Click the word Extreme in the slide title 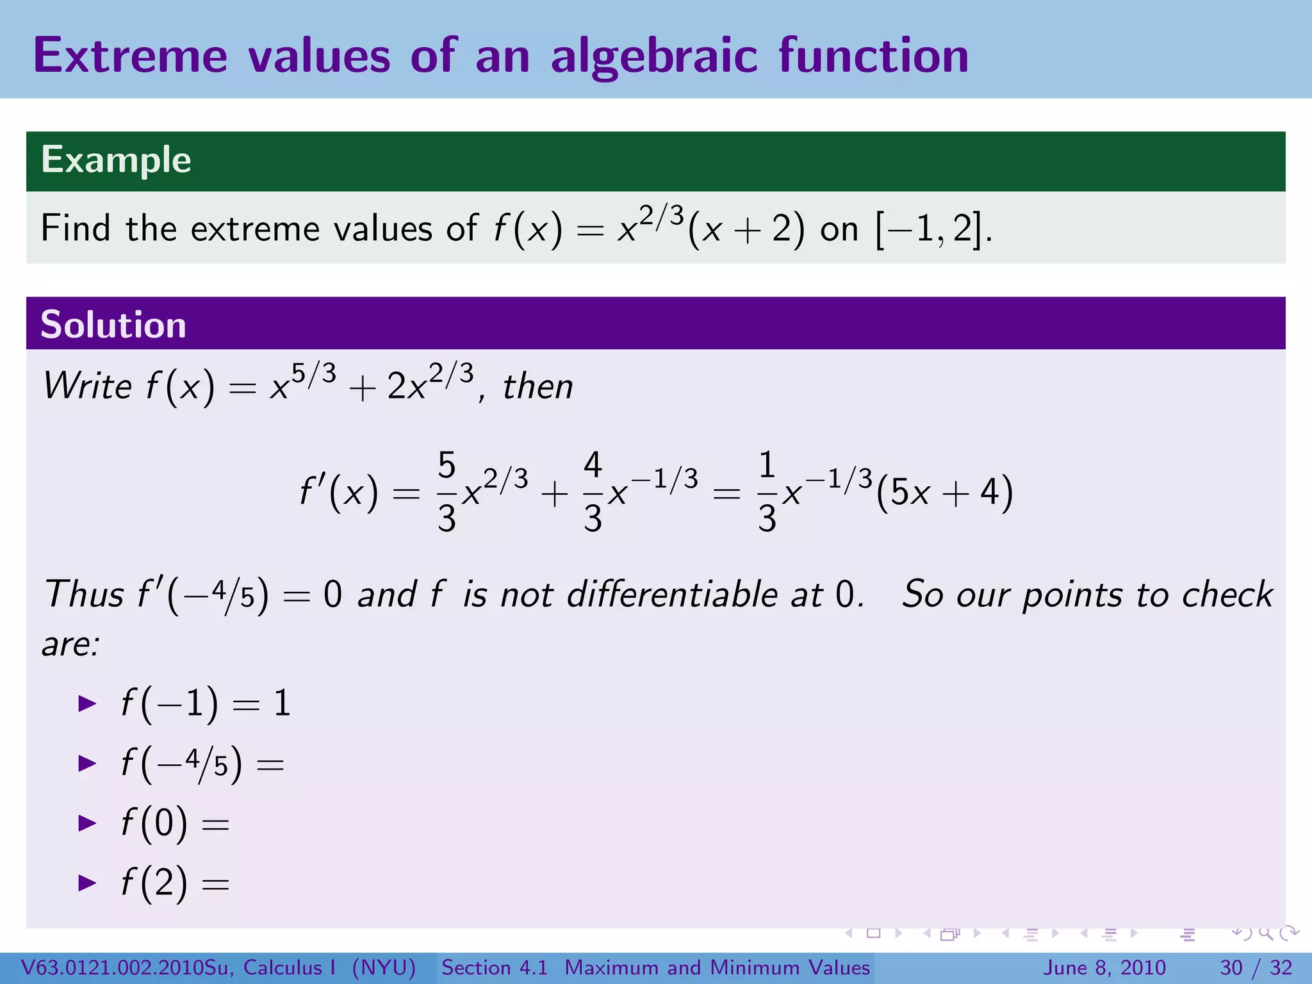pyautogui.click(x=130, y=56)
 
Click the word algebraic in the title pyautogui.click(x=654, y=56)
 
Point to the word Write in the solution pyautogui.click(x=87, y=386)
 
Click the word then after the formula pyautogui.click(x=537, y=386)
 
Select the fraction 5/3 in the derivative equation pyautogui.click(x=447, y=492)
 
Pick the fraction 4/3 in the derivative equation pyautogui.click(x=593, y=492)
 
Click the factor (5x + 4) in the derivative pyautogui.click(x=944, y=493)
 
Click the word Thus pyautogui.click(x=84, y=594)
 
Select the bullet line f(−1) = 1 pyautogui.click(x=205, y=703)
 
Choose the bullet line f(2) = pyautogui.click(x=174, y=883)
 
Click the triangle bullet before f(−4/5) pyautogui.click(x=86, y=763)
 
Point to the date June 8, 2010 pyautogui.click(x=1105, y=967)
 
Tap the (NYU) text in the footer pyautogui.click(x=384, y=967)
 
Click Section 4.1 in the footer pyautogui.click(x=494, y=967)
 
